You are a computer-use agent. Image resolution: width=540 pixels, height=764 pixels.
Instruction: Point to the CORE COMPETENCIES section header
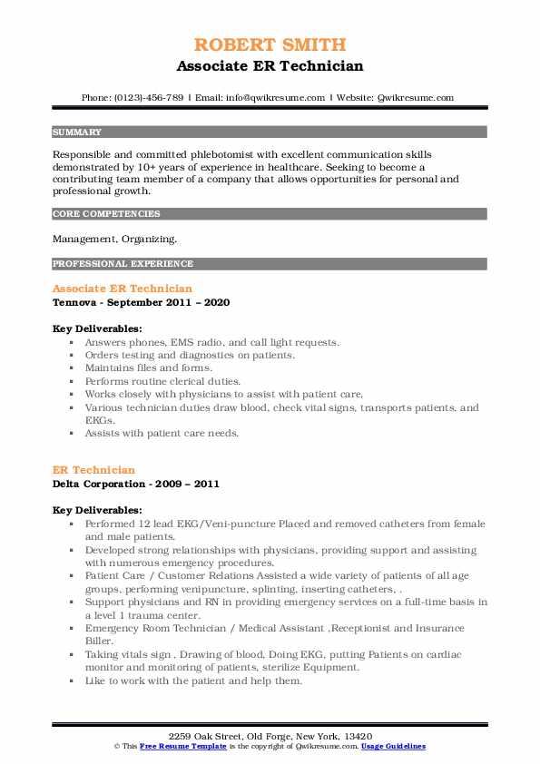pos(106,214)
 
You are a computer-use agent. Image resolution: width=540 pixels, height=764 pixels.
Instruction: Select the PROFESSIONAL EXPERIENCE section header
pos(123,264)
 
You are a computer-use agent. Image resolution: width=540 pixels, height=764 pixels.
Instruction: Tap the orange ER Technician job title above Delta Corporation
pos(94,470)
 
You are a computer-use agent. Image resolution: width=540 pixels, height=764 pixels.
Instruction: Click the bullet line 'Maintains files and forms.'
pos(148,368)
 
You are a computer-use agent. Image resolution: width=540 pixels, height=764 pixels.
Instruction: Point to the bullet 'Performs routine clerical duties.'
pos(163,381)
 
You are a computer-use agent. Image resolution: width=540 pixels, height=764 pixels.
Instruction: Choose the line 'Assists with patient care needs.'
pos(162,434)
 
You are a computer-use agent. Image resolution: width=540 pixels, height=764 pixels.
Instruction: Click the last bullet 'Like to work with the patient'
pos(192,681)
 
